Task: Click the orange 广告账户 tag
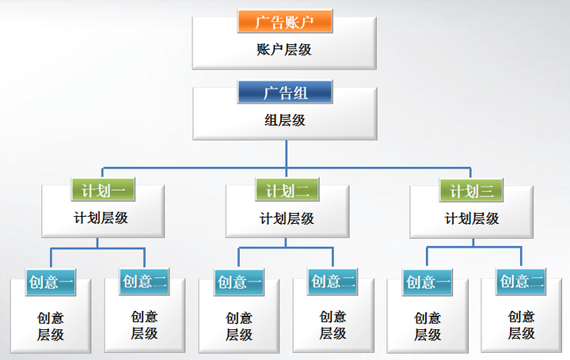pos(285,21)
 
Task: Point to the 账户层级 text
pos(284,50)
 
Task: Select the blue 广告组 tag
pos(285,93)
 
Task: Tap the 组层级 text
pos(285,120)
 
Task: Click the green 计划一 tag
pos(103,190)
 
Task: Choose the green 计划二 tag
pos(287,190)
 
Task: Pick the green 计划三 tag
pos(471,190)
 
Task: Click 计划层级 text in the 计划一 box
pos(101,218)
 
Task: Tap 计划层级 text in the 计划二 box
pos(287,218)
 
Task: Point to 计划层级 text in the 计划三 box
pos(472,218)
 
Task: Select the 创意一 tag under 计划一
pos(51,282)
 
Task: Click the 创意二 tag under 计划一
pos(144,282)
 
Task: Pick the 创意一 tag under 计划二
pos(239,282)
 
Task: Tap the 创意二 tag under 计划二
pos(332,282)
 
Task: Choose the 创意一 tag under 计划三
pos(427,282)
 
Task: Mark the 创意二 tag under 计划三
pos(521,282)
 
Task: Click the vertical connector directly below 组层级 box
pos(287,154)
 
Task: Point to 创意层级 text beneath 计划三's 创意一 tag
pos(427,326)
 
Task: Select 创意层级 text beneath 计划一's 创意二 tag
pos(144,325)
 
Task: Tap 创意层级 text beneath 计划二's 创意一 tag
pos(239,326)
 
